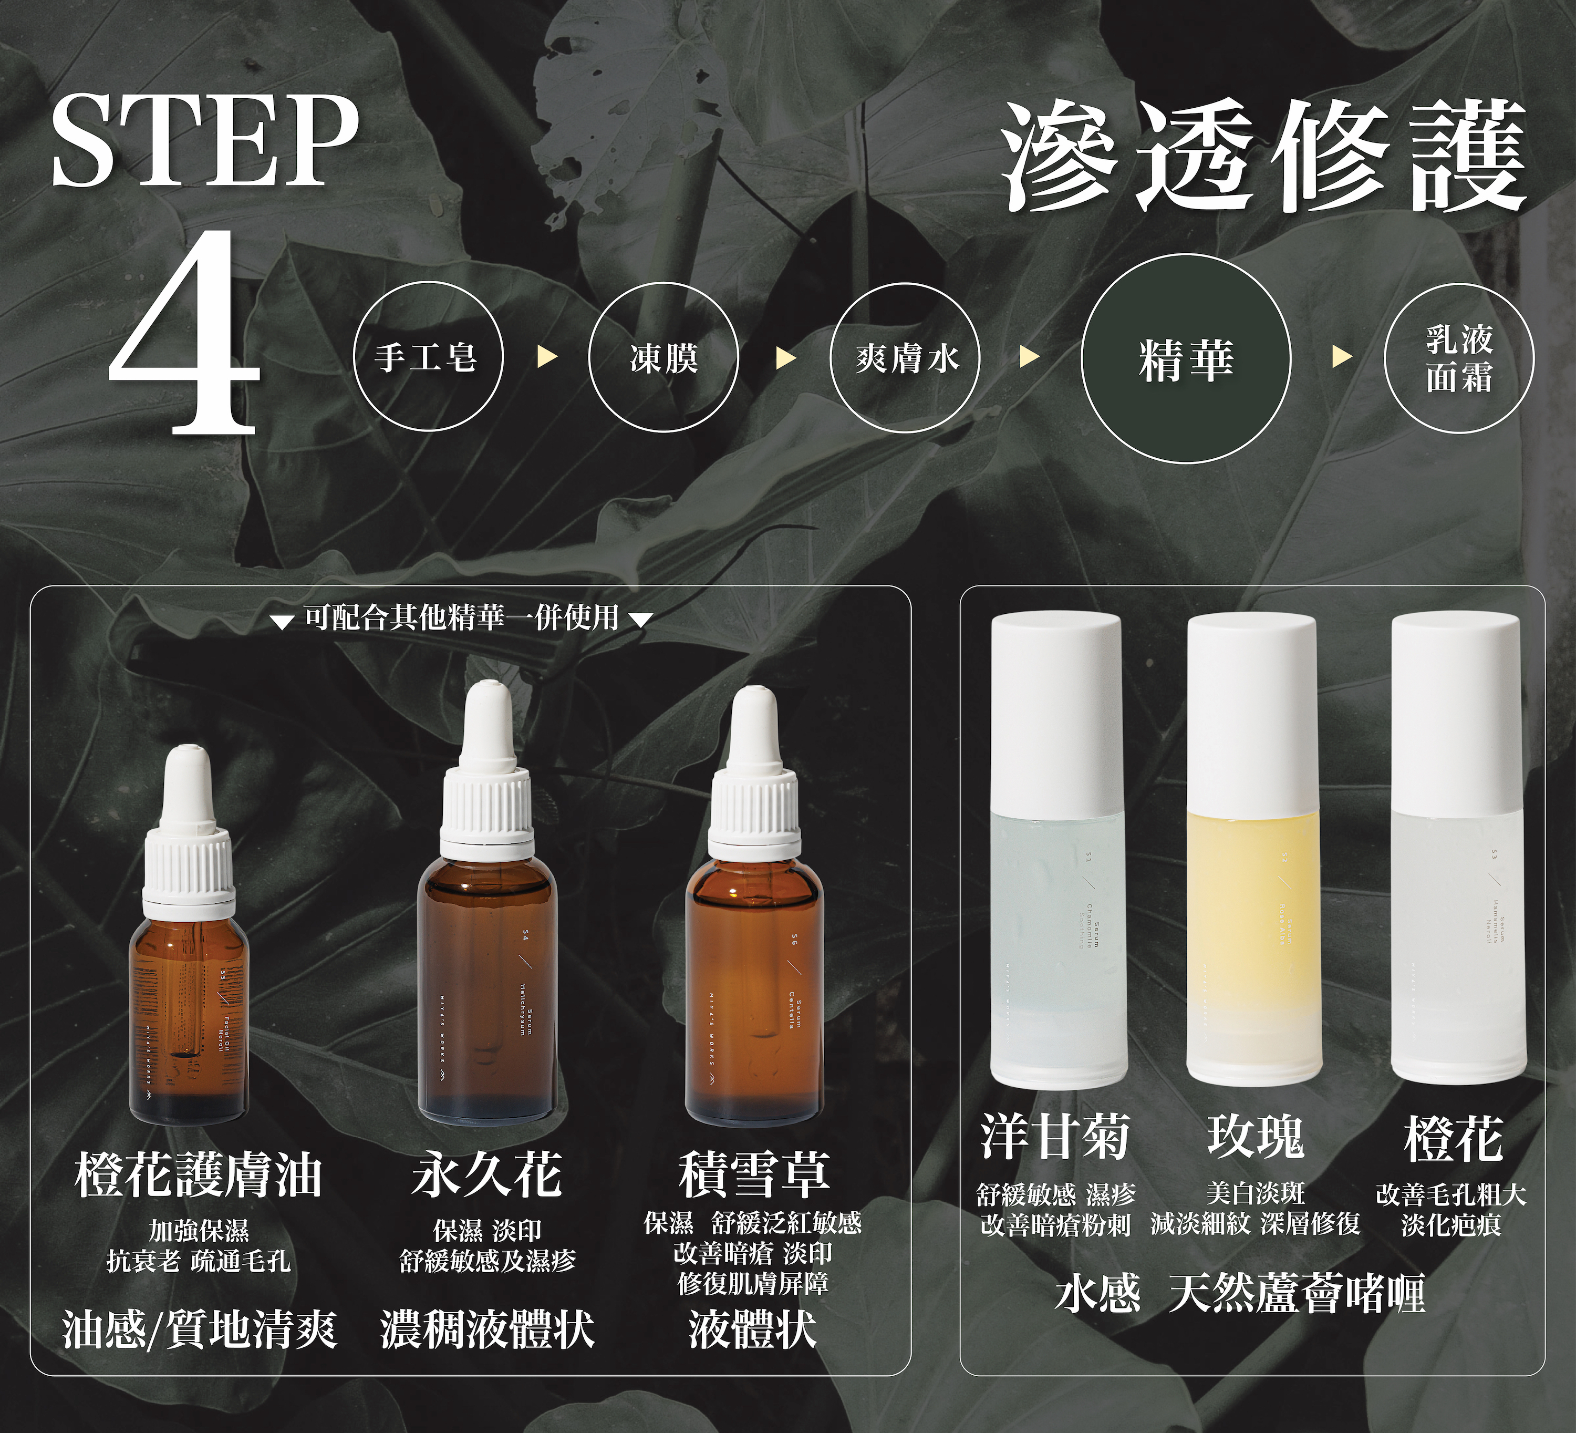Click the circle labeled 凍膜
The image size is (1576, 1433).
[x=663, y=358]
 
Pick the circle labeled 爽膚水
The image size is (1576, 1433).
[x=905, y=358]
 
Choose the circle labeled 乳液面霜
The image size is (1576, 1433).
[x=1459, y=358]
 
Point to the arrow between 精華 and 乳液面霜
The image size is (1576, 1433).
[x=1342, y=358]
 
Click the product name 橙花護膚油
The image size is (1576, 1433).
[x=199, y=1175]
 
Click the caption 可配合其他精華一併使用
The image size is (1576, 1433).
[x=461, y=617]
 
